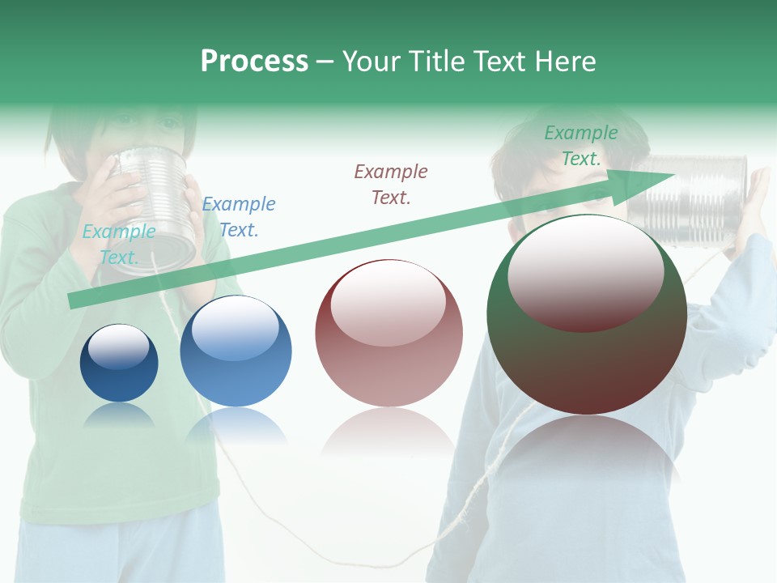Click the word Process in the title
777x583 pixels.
(254, 62)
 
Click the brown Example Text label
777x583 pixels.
(391, 185)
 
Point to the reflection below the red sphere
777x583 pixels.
(388, 433)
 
